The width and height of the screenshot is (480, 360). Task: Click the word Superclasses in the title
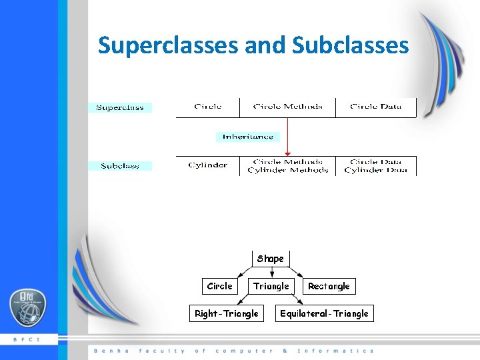point(168,45)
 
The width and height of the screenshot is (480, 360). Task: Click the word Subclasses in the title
point(350,45)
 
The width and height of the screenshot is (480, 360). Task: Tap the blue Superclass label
point(120,107)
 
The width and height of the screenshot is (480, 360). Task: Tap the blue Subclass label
point(120,165)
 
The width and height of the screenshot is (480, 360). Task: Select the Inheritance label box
point(248,137)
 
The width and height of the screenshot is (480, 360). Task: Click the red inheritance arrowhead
point(287,154)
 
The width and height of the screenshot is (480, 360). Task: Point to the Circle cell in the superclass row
point(208,107)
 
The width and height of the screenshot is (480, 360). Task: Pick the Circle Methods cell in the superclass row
point(287,107)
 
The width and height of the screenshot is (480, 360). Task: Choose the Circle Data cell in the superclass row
point(376,107)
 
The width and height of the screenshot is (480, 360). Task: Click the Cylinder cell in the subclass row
point(208,165)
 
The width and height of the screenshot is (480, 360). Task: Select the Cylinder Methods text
point(287,171)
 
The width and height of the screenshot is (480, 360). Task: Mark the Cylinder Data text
point(376,171)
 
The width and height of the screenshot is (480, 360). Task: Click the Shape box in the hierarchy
point(271,259)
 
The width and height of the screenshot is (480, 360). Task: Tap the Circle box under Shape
point(219,286)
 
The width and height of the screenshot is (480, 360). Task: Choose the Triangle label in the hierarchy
point(271,286)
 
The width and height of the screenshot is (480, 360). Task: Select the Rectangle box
point(329,286)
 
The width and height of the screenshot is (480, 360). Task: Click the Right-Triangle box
point(226,313)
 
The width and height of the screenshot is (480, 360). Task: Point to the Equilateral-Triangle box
point(324,313)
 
